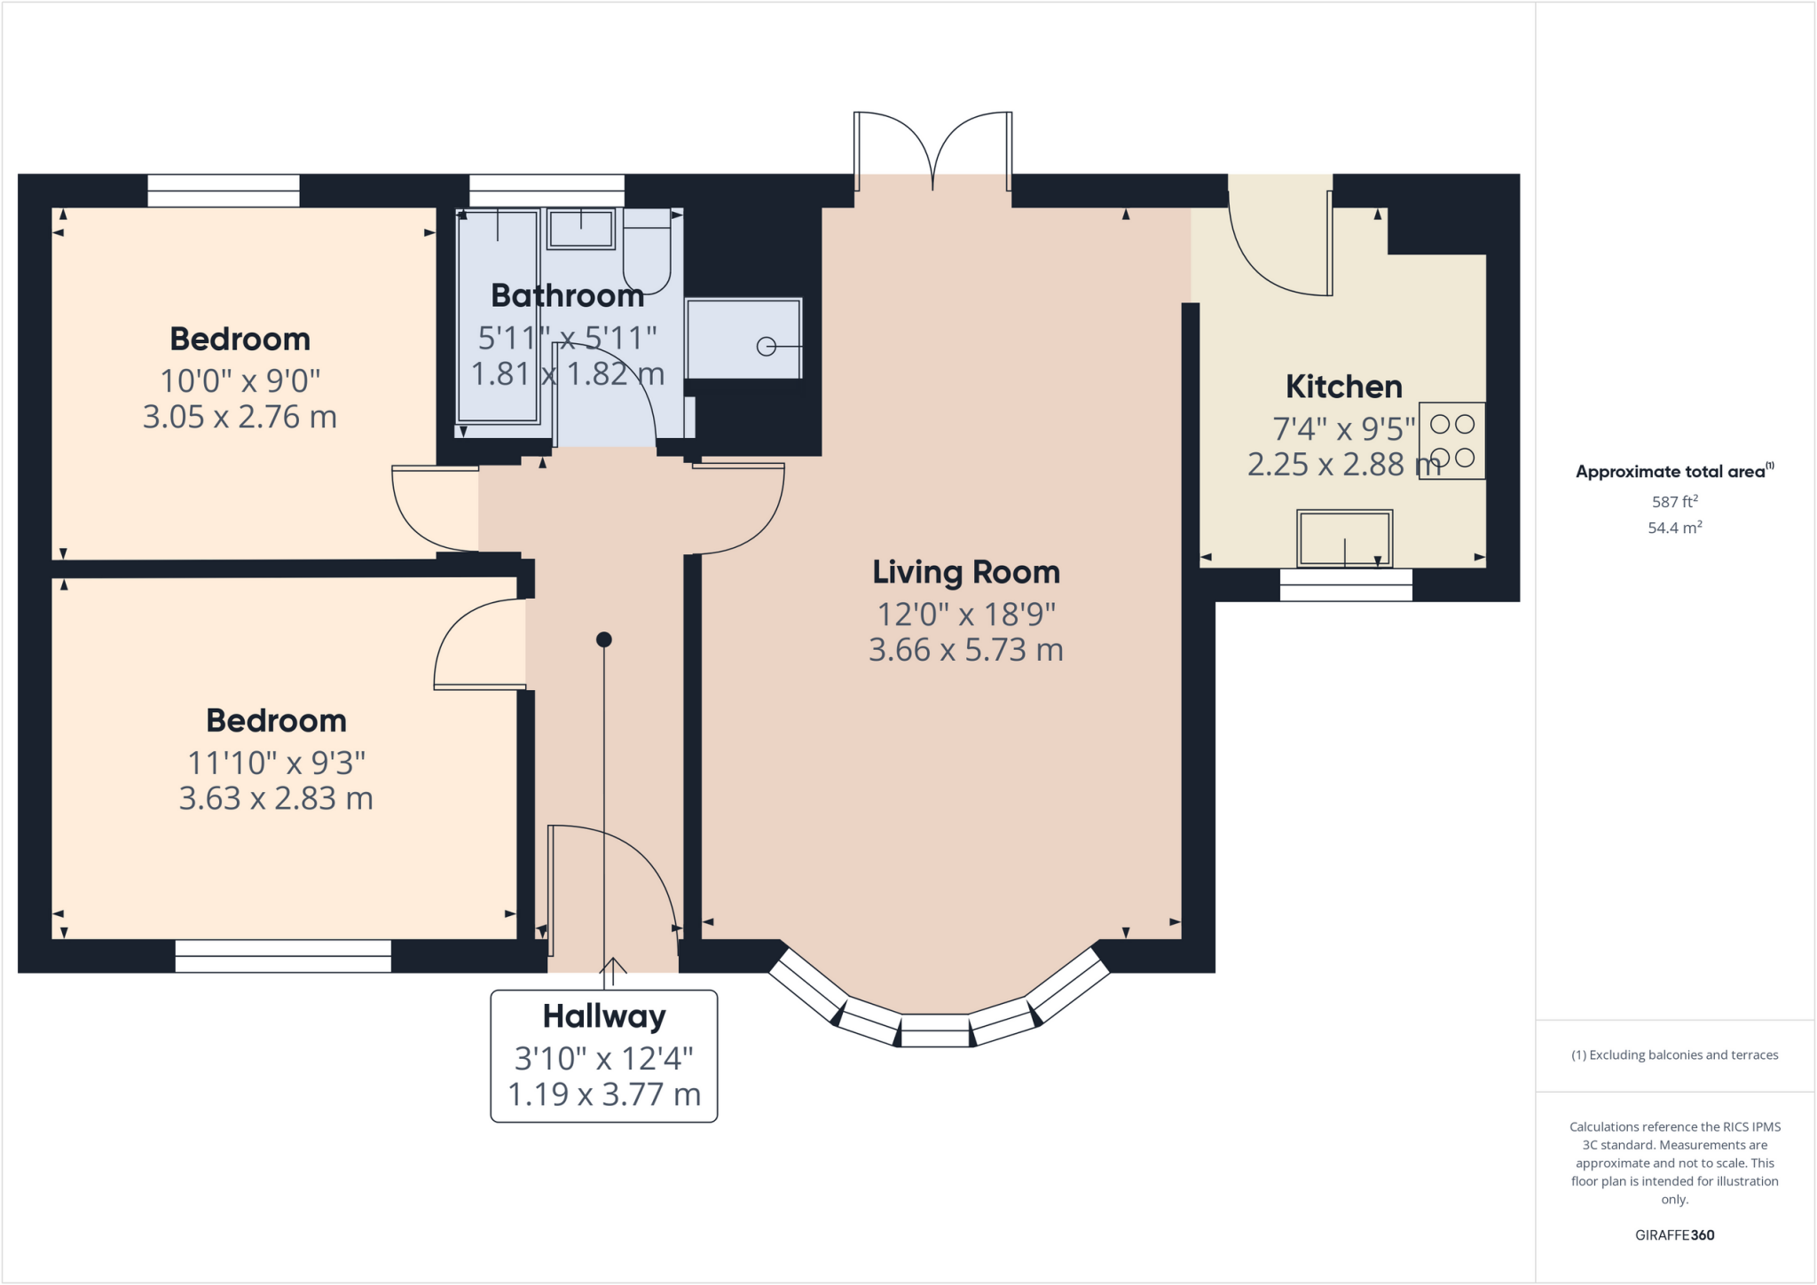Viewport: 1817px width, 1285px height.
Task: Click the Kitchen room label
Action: (x=1343, y=387)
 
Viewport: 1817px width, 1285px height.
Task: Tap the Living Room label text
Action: (x=966, y=572)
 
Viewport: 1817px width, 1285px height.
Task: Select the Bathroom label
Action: (x=567, y=295)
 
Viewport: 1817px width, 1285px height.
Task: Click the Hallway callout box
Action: (x=603, y=1055)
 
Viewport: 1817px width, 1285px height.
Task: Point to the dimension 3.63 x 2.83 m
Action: (x=276, y=798)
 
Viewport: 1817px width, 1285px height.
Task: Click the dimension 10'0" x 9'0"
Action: (x=240, y=380)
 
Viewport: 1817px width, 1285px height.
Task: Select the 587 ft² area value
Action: (x=1674, y=502)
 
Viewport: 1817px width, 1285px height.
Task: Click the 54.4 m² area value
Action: (x=1674, y=528)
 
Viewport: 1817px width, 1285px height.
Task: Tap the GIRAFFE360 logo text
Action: (x=1674, y=1234)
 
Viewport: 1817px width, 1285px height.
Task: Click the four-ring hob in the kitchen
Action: (x=1451, y=441)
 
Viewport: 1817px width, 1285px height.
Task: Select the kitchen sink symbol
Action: (x=1344, y=538)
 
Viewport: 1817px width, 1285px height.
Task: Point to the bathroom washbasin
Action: (x=581, y=229)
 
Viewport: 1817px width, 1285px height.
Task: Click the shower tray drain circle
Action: (x=766, y=347)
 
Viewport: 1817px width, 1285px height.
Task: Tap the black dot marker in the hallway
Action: (x=604, y=639)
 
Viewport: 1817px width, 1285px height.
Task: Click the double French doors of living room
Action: (x=932, y=151)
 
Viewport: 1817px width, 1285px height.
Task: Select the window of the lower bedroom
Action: (x=283, y=956)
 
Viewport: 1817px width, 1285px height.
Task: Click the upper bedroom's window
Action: (x=224, y=191)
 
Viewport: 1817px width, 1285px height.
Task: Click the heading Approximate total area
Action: (x=1674, y=472)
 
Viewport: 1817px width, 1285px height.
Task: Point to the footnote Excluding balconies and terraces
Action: (x=1674, y=1055)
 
